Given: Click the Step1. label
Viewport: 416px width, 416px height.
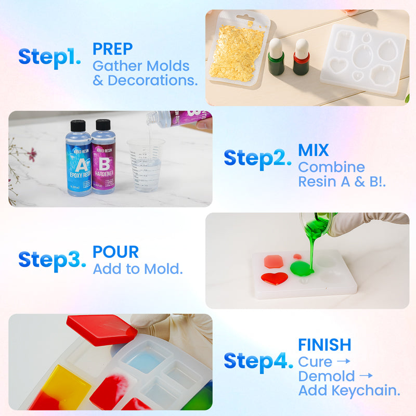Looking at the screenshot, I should (x=49, y=57).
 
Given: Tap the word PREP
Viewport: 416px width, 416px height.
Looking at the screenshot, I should (x=113, y=49).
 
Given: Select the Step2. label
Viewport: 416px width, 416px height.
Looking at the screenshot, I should (x=257, y=158).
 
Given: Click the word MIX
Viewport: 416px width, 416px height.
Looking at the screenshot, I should (x=313, y=150).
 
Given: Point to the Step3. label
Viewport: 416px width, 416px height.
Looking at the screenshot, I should (x=52, y=259).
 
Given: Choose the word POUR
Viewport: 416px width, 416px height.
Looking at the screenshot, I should (x=115, y=252).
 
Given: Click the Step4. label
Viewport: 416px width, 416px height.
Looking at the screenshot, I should (x=258, y=361).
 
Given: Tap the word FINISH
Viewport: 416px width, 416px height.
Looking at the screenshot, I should (x=324, y=344).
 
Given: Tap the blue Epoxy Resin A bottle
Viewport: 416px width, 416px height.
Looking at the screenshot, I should (x=79, y=159).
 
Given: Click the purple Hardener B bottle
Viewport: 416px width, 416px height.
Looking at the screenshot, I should (x=103, y=159).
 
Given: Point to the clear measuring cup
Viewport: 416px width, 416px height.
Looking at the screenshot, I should (x=146, y=164).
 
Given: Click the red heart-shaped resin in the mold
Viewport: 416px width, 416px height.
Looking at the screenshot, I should (x=275, y=278).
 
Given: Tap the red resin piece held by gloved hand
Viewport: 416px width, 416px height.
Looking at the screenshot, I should (x=101, y=329).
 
